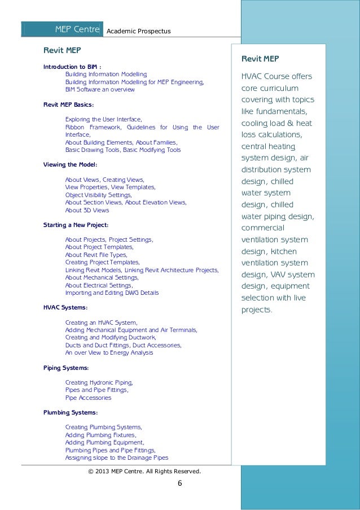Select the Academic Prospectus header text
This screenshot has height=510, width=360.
(x=138, y=29)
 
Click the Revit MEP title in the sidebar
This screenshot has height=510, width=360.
(x=260, y=59)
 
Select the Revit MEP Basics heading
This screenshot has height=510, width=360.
(x=69, y=104)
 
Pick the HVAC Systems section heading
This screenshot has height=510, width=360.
(x=65, y=307)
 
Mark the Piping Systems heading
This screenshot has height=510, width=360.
(x=66, y=368)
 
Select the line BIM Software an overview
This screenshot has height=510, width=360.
(x=100, y=89)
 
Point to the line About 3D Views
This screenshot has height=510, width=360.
(x=87, y=210)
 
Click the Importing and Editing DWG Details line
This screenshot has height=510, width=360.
(x=112, y=293)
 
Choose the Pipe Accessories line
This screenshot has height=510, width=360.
(x=88, y=398)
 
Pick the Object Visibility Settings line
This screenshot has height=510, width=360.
(x=98, y=194)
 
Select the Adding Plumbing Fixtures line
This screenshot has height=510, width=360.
(x=100, y=435)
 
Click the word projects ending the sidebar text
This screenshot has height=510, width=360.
(x=256, y=310)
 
